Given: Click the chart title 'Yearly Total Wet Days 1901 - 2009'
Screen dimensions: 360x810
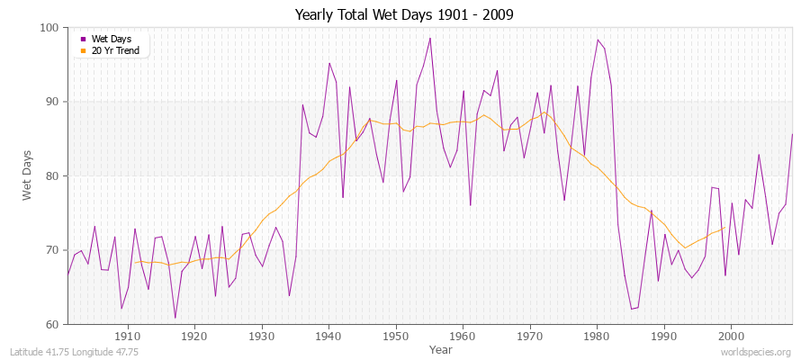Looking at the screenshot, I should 404,15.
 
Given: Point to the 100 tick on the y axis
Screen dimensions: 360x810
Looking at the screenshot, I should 50,28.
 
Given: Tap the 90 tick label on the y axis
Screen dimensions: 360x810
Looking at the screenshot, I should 52,102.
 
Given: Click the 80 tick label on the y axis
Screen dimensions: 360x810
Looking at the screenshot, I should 52,175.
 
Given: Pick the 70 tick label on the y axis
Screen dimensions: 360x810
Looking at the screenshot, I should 52,250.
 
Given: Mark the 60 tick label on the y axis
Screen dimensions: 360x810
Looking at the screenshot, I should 52,324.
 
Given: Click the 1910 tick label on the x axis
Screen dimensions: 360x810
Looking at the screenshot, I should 128,336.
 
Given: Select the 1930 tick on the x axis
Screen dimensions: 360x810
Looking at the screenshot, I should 262,336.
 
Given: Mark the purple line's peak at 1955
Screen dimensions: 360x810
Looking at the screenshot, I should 430,38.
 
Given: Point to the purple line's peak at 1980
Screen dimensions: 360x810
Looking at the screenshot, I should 598,40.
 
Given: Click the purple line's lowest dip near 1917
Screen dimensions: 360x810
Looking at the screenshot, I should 175,318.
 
